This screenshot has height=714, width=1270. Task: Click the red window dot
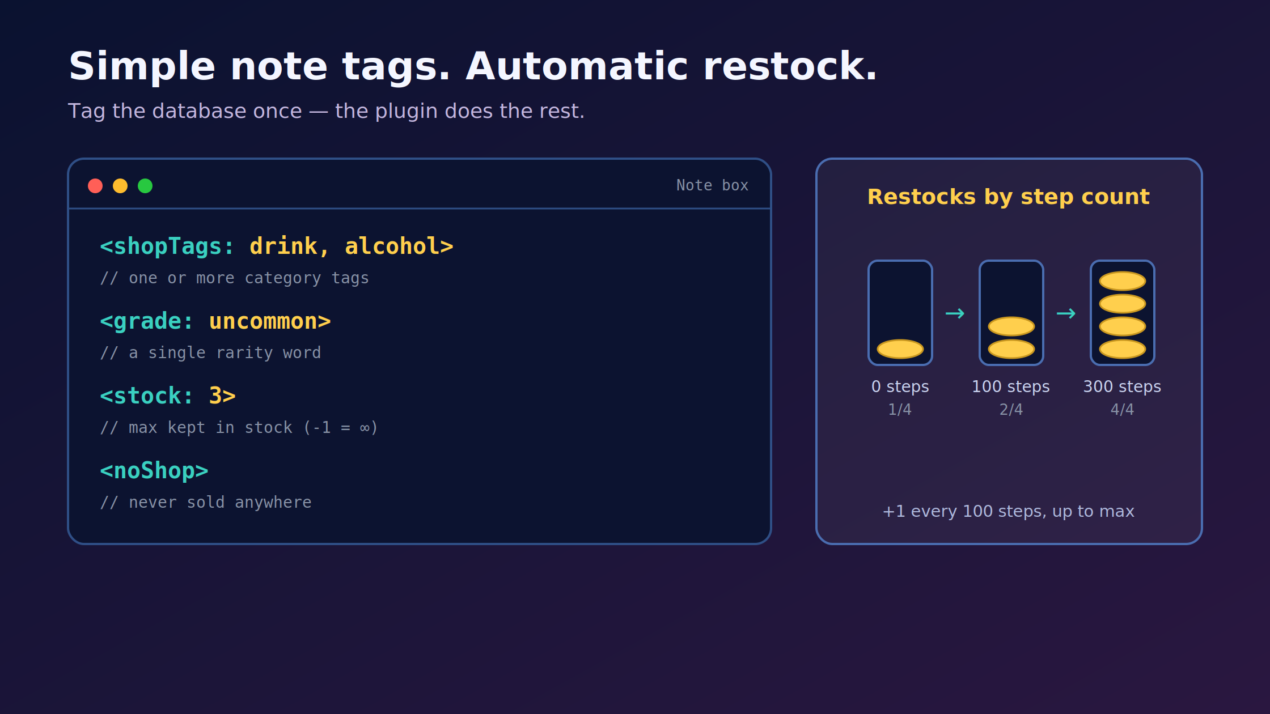[x=95, y=186]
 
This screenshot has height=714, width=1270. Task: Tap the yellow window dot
[x=120, y=186]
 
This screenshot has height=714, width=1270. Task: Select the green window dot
[x=145, y=186]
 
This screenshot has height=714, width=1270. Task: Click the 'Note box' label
[x=712, y=185]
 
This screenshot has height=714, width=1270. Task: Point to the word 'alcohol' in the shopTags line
[x=392, y=246]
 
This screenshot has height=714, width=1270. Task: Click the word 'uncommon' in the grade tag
[x=263, y=321]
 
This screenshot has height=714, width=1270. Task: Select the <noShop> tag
[x=154, y=470]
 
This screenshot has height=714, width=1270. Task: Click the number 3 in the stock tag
[x=215, y=396]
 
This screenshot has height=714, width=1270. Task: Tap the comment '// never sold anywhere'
[x=206, y=502]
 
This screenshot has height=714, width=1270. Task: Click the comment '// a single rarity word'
[x=210, y=352]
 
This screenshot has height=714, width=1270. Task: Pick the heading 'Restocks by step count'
[x=1009, y=197]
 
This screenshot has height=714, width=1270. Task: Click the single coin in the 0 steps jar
[x=900, y=349]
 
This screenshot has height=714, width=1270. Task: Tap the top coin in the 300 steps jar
[x=1123, y=281]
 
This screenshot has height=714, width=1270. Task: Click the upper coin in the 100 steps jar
[x=1011, y=326]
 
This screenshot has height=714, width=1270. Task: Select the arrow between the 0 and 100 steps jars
[x=955, y=313]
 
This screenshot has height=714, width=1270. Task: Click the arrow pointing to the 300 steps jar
[x=1066, y=313]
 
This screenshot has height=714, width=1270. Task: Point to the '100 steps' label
[x=1011, y=386]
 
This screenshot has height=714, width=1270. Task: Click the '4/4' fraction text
[x=1122, y=409]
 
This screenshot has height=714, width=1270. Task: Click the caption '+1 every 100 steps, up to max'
[x=1009, y=511]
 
